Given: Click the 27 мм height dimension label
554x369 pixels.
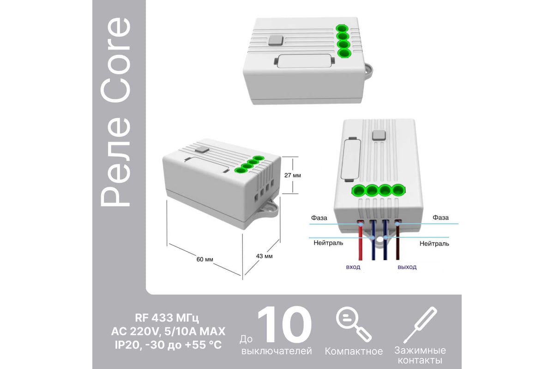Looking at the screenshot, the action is (x=293, y=175).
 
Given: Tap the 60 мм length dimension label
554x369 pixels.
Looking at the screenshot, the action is (x=205, y=259).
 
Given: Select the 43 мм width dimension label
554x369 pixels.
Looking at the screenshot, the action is (x=265, y=256).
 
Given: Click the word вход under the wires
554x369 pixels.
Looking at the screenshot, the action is (x=353, y=267).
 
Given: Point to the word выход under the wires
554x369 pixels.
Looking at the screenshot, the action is (x=407, y=267).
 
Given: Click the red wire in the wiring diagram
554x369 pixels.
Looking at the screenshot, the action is (x=361, y=240).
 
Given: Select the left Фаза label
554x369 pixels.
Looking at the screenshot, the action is (x=319, y=218).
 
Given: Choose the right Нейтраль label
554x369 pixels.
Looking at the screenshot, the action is (x=434, y=244).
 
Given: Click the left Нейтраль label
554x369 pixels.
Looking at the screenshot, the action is (x=328, y=243).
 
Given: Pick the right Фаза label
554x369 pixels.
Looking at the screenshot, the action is (x=441, y=218).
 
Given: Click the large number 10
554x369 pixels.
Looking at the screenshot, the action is (x=284, y=325).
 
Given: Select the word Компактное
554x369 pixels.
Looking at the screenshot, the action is (x=354, y=351).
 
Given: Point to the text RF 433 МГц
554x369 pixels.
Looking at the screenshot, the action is (x=167, y=318).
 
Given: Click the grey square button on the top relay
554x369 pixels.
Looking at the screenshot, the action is (x=276, y=41).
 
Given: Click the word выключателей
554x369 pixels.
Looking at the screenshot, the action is (x=277, y=351).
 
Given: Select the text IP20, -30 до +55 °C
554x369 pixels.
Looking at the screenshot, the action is (x=168, y=345).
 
